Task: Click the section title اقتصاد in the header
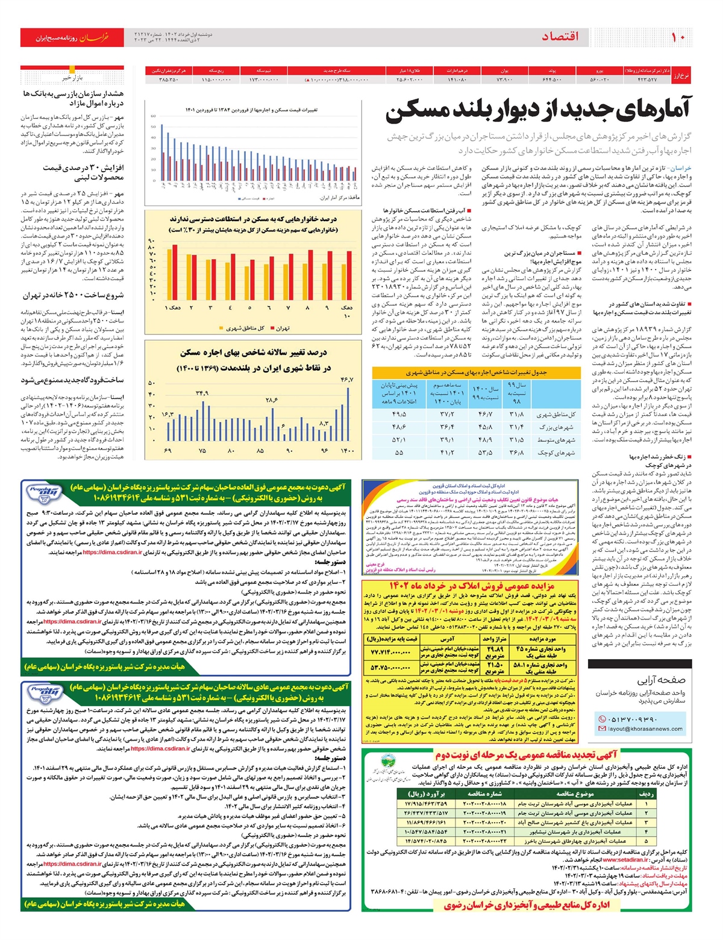click(x=560, y=37)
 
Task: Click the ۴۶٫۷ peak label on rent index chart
click(x=346, y=380)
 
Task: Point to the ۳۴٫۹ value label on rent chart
click(x=202, y=393)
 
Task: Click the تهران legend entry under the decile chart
click(x=283, y=328)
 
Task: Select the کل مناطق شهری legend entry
click(x=245, y=328)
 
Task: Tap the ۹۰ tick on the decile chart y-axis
click(x=151, y=241)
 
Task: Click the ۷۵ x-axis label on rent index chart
click(x=202, y=451)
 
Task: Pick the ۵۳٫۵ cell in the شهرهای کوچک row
click(x=484, y=453)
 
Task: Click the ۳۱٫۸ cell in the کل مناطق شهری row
click(x=516, y=415)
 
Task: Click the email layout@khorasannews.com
click(x=645, y=728)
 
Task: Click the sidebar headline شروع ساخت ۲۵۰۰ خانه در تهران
click(x=73, y=295)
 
